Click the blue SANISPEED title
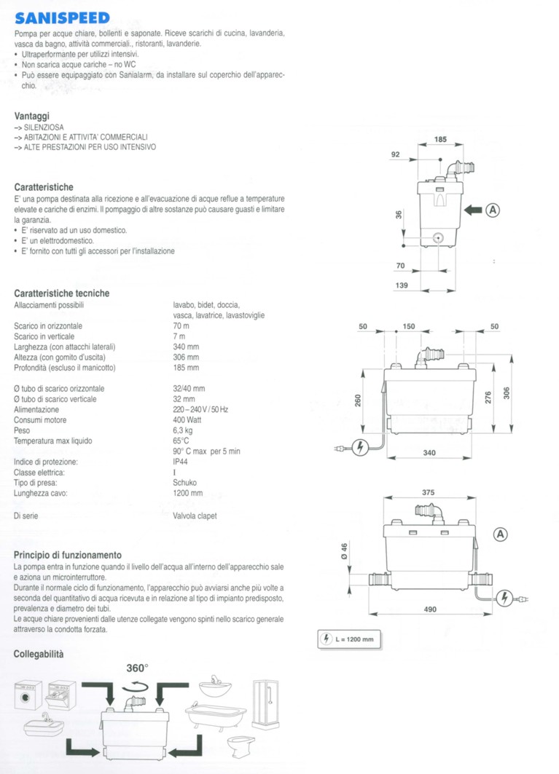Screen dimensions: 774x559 62,17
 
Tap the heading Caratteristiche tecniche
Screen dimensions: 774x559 62,293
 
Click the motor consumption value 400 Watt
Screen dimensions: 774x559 188,420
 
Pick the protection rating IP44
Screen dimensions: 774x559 181,462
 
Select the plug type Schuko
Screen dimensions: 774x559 184,482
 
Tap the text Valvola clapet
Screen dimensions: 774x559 195,516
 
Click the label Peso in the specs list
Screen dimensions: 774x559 23,430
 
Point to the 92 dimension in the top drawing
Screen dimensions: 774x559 396,154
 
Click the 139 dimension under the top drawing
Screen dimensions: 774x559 402,285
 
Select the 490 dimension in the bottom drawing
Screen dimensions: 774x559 430,609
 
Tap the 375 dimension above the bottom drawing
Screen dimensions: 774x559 429,493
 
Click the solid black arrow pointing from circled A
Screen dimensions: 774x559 474,210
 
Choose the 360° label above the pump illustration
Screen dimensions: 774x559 137,667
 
